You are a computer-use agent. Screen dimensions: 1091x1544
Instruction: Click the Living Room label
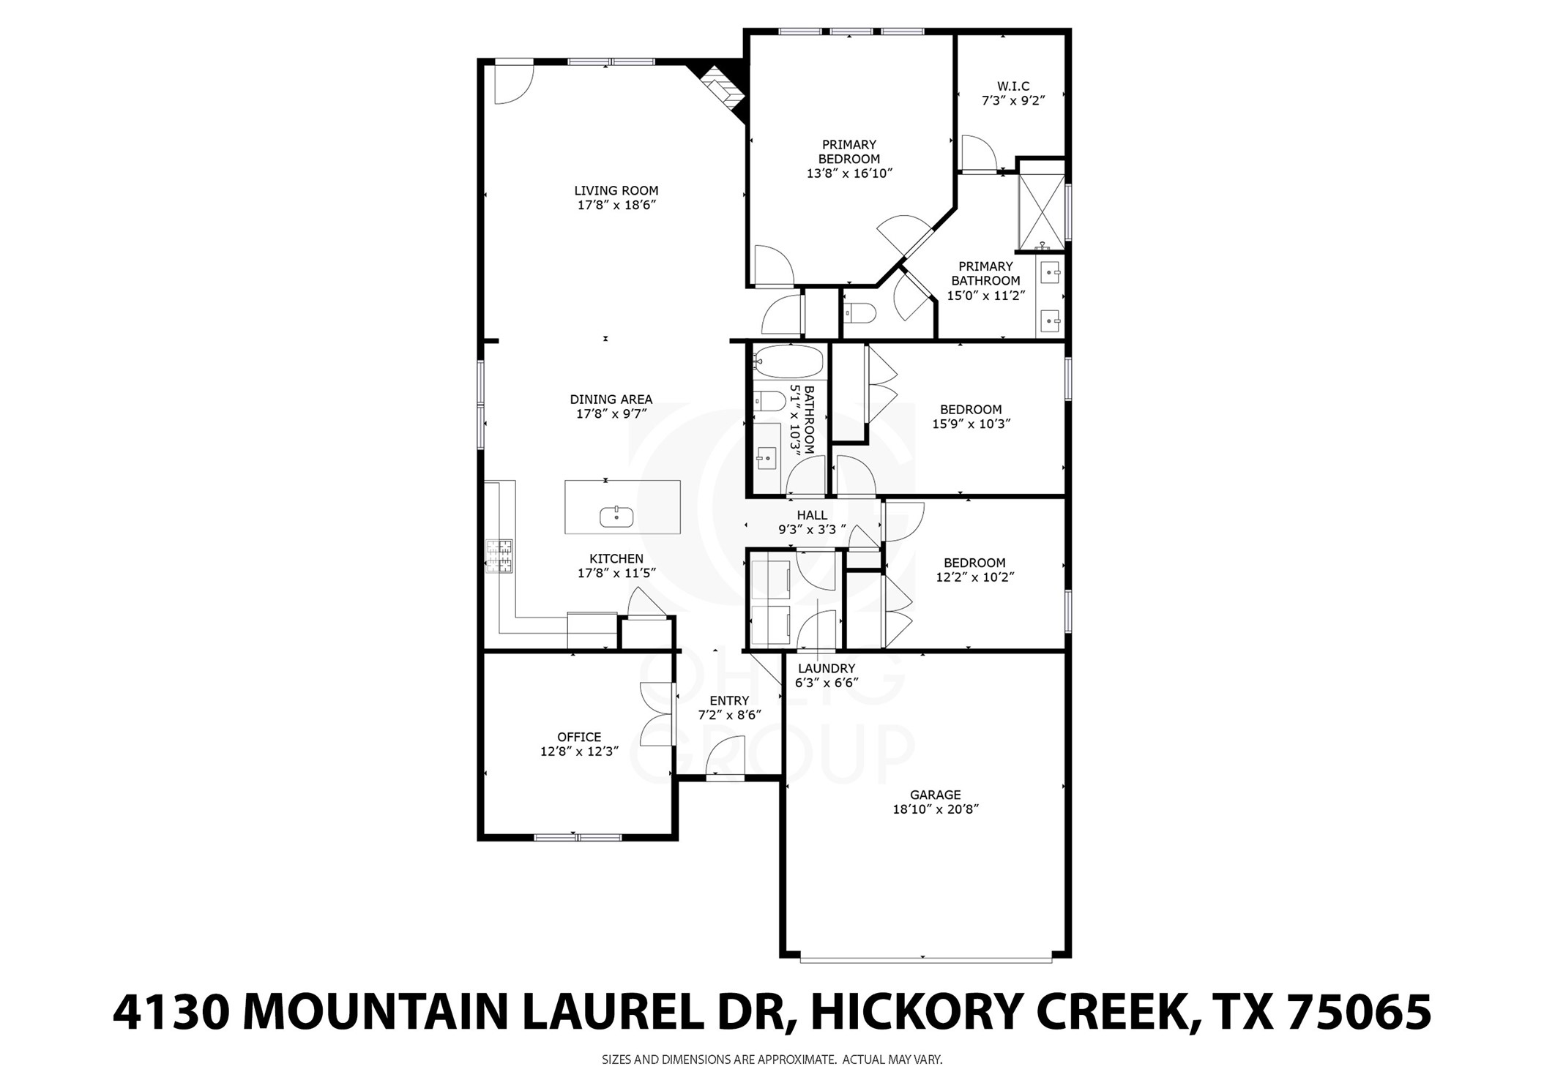pos(616,191)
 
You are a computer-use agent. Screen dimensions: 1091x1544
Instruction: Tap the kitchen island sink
pos(616,517)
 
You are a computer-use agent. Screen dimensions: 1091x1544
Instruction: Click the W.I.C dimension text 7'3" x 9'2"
pos(1012,101)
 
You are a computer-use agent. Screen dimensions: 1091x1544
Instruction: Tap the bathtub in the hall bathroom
pos(788,361)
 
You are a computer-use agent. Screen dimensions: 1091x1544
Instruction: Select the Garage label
pos(935,795)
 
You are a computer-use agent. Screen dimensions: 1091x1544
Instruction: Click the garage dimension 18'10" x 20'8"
pos(935,809)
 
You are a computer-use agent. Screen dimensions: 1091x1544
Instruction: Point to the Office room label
pos(579,737)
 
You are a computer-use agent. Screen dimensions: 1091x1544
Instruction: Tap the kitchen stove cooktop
pos(501,556)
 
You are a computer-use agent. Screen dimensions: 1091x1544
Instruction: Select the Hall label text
pos(812,515)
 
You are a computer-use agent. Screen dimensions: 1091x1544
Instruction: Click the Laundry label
pos(826,668)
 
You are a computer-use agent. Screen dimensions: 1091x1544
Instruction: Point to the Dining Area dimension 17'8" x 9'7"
pos(611,414)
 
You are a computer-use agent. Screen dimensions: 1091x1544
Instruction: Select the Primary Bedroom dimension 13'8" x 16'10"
pos(849,173)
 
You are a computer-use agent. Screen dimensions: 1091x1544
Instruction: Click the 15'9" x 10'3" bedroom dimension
pos(971,424)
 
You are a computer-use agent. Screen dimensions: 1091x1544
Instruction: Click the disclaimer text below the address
pos(772,1059)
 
